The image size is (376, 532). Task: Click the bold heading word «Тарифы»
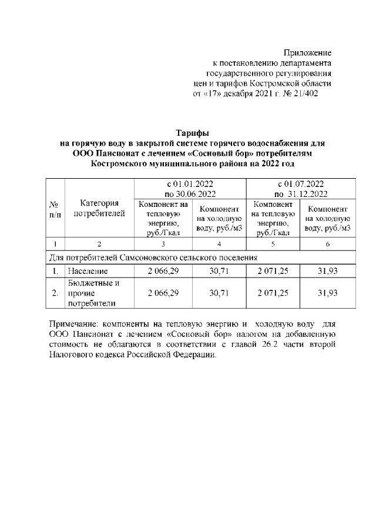point(193,133)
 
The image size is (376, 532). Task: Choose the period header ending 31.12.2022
point(300,189)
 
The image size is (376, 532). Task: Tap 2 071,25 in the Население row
point(274,272)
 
